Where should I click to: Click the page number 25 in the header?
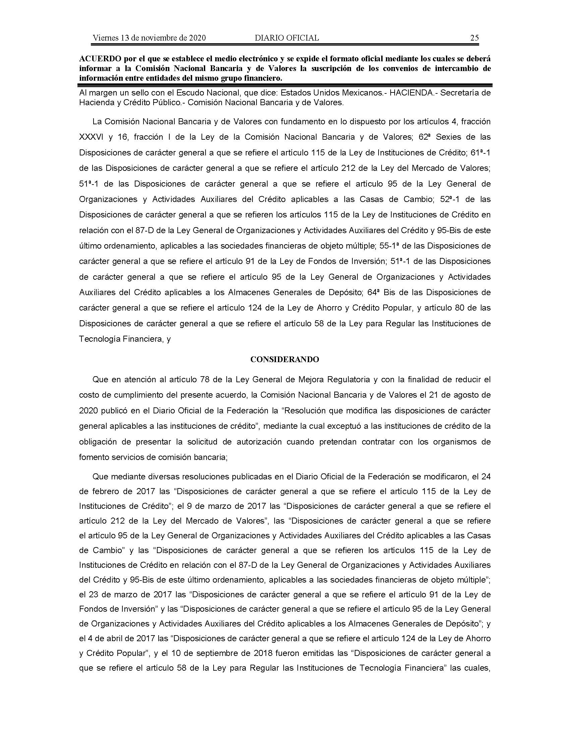tap(474, 38)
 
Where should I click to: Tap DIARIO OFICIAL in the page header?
tap(287, 38)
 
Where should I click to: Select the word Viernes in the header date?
tap(105, 38)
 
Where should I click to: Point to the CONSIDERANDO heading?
tap(285, 359)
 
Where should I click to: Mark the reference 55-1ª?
tap(390, 246)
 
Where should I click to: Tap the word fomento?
tap(93, 457)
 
